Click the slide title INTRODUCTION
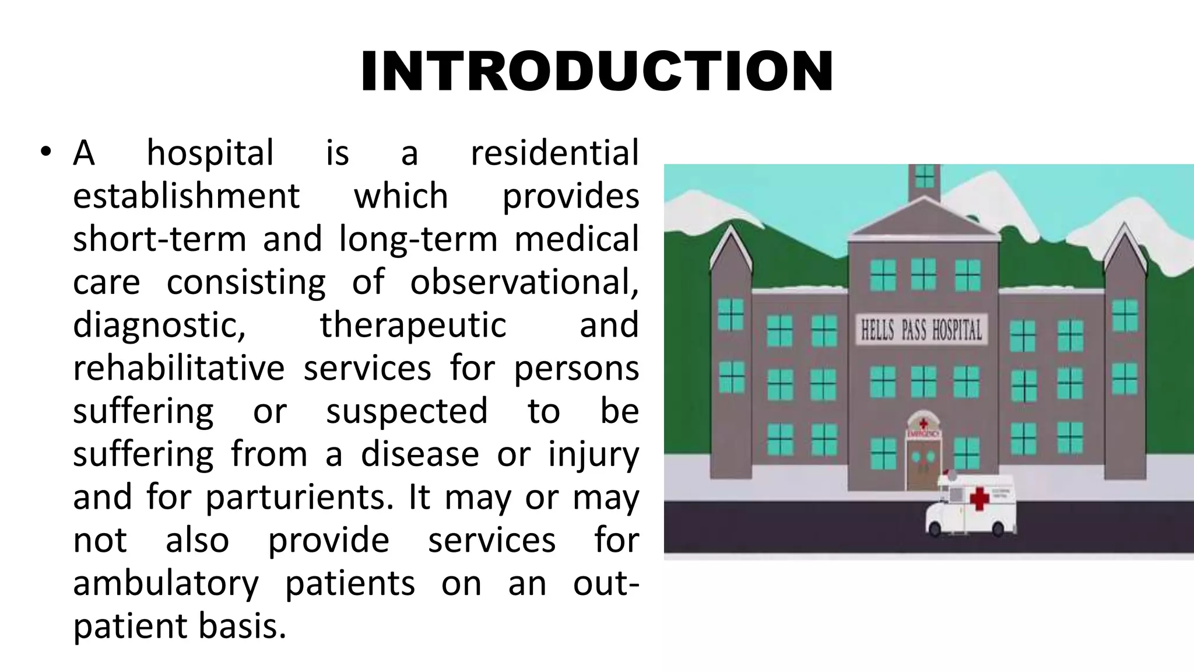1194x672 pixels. pyautogui.click(x=597, y=72)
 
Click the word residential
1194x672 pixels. pyautogui.click(x=554, y=153)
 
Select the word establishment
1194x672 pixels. pyautogui.click(x=186, y=196)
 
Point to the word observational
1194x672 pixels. pyautogui.click(x=524, y=282)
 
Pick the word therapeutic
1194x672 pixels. pyautogui.click(x=413, y=325)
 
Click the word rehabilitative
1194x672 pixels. pyautogui.click(x=178, y=369)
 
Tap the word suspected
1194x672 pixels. pyautogui.click(x=406, y=411)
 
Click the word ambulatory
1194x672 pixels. pyautogui.click(x=166, y=583)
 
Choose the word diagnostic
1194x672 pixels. pyautogui.click(x=159, y=325)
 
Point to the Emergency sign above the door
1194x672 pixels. pyautogui.click(x=923, y=434)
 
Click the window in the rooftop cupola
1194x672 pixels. pyautogui.click(x=925, y=177)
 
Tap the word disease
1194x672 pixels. pyautogui.click(x=420, y=454)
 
